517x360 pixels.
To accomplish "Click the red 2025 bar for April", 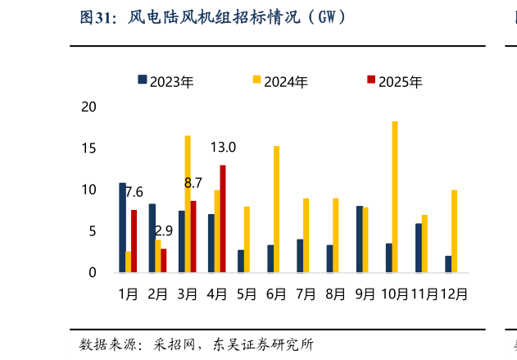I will (x=223, y=219).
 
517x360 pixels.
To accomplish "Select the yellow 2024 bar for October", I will (x=395, y=197).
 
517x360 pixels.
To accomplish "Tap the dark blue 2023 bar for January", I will (x=122, y=227).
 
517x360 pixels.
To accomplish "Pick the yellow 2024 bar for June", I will (x=276, y=209).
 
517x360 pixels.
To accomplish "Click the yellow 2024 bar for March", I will (x=188, y=204).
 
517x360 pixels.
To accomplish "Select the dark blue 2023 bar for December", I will (x=448, y=264).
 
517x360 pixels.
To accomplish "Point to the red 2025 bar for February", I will (x=164, y=260).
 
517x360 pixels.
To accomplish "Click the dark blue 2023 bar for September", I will (x=359, y=239).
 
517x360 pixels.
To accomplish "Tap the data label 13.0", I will (x=223, y=148).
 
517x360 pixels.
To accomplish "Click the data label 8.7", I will (x=193, y=183).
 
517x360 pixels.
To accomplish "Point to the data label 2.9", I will (x=163, y=231).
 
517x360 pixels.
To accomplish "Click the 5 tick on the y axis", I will (x=93, y=231).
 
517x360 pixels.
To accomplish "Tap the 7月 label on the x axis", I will (x=305, y=294).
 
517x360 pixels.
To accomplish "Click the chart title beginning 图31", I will (x=211, y=16).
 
